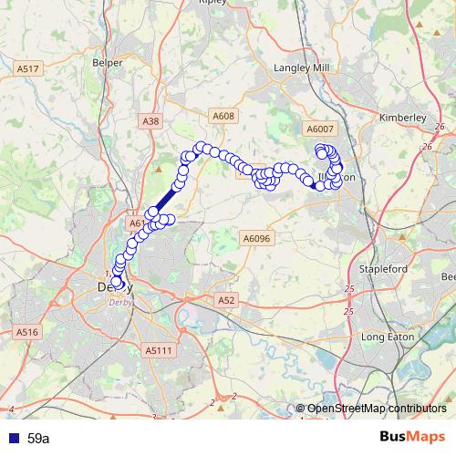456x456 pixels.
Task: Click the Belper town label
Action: coord(107,63)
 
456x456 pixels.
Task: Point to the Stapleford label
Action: coord(384,270)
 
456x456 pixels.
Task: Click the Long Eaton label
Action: coord(389,337)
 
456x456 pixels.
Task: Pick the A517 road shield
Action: coord(28,68)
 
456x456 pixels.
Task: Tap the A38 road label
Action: coord(151,119)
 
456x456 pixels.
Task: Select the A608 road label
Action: coord(224,116)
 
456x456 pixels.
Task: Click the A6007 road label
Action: coord(321,130)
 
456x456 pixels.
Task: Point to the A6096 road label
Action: coord(257,238)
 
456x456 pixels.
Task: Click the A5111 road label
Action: coord(158,349)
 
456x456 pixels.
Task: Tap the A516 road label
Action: coord(26,333)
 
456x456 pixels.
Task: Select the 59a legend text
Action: coord(38,439)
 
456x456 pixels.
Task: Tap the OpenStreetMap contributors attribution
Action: coord(376,409)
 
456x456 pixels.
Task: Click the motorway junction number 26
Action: coord(426,146)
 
